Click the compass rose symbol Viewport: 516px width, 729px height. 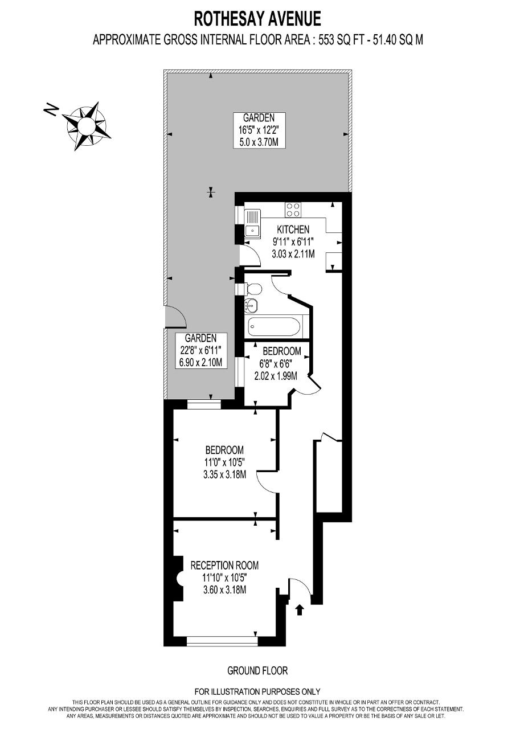(86, 126)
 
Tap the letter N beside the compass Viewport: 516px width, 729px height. (51, 110)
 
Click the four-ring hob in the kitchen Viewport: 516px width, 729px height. (293, 210)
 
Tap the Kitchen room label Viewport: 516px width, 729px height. (293, 230)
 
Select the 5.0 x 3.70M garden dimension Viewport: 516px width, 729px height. (259, 142)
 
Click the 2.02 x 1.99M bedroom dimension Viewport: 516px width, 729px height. (276, 376)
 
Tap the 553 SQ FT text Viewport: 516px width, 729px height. (339, 40)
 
